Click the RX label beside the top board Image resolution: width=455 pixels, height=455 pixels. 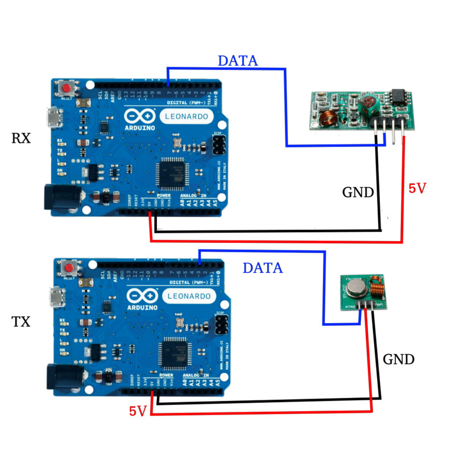coord(21,138)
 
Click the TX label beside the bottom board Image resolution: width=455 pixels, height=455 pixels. coord(21,322)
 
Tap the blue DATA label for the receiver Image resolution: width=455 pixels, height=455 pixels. coord(238,60)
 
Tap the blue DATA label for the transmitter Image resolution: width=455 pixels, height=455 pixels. coord(262,267)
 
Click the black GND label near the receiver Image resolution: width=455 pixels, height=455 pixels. coord(358,192)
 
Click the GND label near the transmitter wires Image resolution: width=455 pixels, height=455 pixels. coord(399,359)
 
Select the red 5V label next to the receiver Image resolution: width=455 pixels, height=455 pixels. coord(417,188)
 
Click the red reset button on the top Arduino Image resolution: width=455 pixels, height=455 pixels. coord(68,89)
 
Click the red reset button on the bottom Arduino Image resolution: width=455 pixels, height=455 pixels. coord(71,268)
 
